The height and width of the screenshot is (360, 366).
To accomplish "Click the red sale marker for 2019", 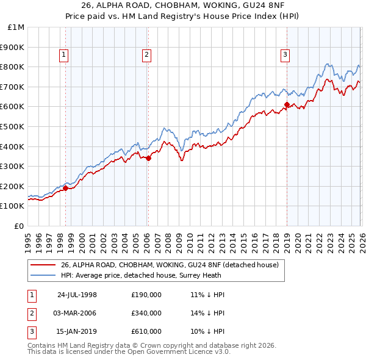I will (286, 104).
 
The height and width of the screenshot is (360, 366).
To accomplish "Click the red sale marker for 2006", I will (148, 158).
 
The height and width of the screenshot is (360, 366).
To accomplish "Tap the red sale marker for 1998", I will (66, 188).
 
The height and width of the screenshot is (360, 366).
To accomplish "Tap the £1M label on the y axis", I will (16, 27).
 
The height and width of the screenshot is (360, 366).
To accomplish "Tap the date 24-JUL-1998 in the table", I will (77, 295).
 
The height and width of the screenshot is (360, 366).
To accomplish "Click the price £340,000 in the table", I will (146, 313).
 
